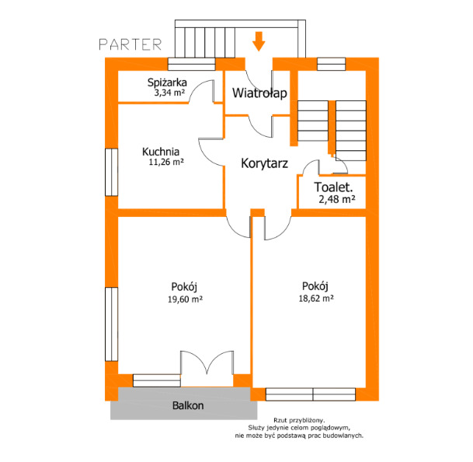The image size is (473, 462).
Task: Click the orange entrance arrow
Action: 259,41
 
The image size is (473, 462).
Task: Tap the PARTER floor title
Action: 130,44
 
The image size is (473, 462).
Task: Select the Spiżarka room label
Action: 167,82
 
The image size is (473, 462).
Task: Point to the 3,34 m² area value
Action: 169,93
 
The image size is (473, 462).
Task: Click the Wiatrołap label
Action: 259,93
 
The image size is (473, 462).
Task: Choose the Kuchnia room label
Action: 161,152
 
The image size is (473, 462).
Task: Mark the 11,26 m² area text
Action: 166,162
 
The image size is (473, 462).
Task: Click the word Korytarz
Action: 265,163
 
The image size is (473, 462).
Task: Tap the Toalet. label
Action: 333,187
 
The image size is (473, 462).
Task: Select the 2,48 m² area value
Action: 337,199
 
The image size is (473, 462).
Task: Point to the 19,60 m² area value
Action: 185,299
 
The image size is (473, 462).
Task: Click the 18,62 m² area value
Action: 316,299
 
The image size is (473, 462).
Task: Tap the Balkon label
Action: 188,405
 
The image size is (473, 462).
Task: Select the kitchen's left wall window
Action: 111,172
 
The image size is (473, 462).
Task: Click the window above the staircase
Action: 331,64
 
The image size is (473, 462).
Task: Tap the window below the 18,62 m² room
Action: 311,394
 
